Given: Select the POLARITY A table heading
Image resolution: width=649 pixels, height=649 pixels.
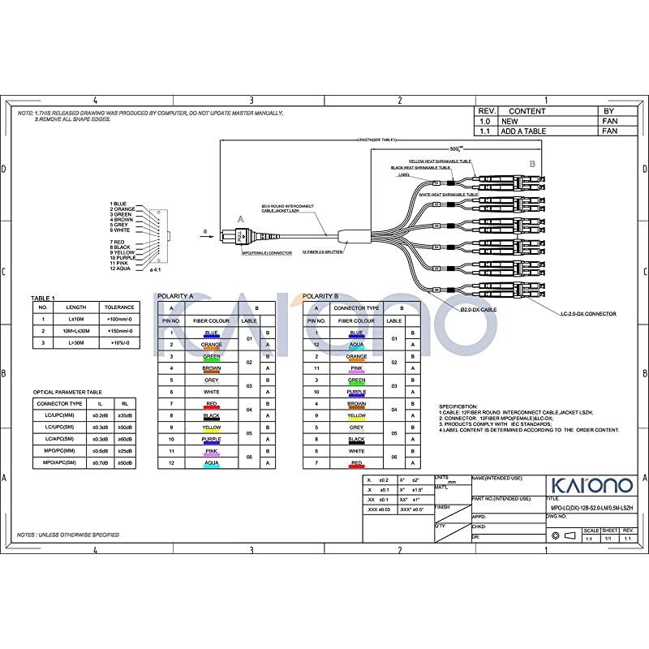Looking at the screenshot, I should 174,297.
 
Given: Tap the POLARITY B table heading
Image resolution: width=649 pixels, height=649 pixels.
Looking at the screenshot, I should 320,297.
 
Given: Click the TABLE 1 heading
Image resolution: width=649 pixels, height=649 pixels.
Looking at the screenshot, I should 43,298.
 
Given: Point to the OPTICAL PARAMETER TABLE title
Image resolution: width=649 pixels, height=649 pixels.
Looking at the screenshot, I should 67,392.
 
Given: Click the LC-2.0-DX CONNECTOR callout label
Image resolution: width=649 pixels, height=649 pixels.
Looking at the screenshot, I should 588,313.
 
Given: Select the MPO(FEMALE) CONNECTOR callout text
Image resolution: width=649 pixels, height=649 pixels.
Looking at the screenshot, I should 267,252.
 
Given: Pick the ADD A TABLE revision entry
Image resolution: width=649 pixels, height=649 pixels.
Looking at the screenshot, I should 523,131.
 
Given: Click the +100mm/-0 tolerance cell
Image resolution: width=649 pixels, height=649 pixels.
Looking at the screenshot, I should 118,320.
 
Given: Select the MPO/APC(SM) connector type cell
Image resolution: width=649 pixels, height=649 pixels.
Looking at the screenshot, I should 60,462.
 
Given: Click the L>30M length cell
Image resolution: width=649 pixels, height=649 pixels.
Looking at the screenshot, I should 75,343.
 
